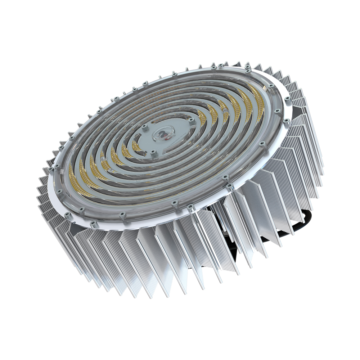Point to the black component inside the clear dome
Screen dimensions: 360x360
pos(162,136)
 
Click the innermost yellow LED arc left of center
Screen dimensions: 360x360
pos(136,146)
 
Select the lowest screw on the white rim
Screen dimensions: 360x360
pos(94,224)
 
